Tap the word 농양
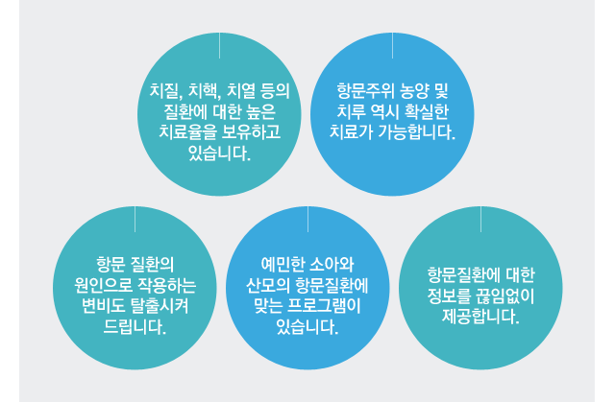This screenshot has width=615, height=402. [413, 91]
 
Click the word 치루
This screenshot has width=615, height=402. [350, 112]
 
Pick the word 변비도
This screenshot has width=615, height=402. [101, 306]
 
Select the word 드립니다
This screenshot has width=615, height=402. [135, 326]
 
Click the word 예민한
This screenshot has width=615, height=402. [282, 265]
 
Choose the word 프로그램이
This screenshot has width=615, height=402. [324, 306]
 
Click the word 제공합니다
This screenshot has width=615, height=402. [480, 317]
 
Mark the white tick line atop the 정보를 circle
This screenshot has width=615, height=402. [480, 219]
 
